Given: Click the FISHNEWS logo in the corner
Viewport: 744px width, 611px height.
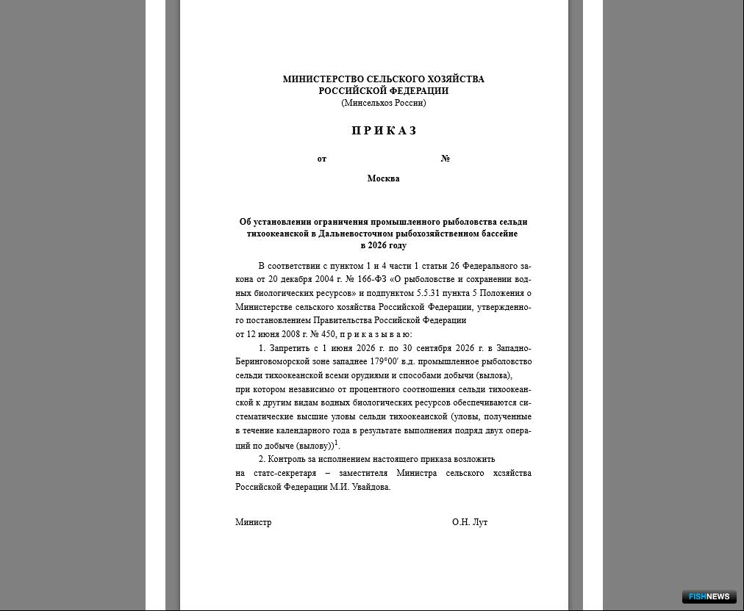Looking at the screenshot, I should [709, 596].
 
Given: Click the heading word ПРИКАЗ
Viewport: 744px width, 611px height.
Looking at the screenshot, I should [384, 131].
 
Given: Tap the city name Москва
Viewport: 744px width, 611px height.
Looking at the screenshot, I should [383, 178].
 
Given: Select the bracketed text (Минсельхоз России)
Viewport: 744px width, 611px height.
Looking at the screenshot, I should [383, 103].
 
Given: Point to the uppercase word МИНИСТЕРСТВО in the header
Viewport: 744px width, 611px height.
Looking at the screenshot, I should [323, 79].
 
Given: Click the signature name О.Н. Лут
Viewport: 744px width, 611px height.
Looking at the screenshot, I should [470, 522].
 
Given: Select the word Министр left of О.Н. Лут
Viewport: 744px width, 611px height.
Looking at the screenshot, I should [253, 522].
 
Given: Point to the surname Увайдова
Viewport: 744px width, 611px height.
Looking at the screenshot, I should [371, 487].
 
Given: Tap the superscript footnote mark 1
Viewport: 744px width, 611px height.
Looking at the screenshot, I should [336, 443].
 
